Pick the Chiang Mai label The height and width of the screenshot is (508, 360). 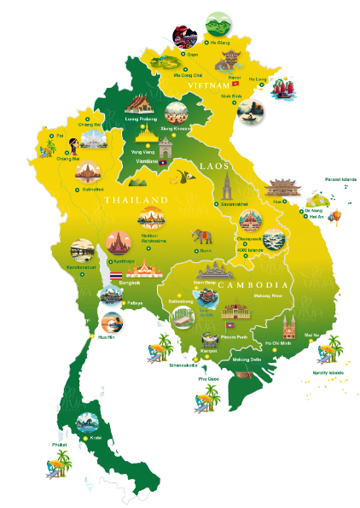[67, 157]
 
